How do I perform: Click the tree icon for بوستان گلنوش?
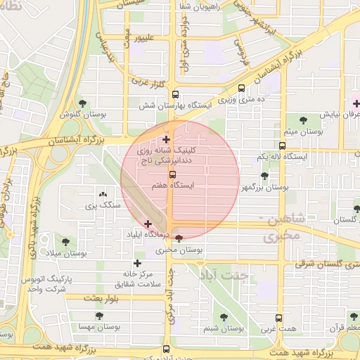tap(83, 103)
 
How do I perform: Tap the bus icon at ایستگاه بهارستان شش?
tap(175, 94)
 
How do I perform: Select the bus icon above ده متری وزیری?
tap(242, 89)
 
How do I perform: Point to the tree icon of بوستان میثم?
tap(303, 120)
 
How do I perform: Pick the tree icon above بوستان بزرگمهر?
tap(264, 176)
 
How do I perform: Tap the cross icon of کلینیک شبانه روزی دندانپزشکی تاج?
tap(166, 139)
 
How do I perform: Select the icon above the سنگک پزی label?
tap(103, 194)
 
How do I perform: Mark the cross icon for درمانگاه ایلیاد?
tap(148, 223)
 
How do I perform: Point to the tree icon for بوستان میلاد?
tap(65, 241)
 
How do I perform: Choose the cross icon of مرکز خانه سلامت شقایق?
tap(137, 263)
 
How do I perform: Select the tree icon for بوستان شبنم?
tap(224, 317)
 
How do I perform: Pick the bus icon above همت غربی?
tap(278, 318)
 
